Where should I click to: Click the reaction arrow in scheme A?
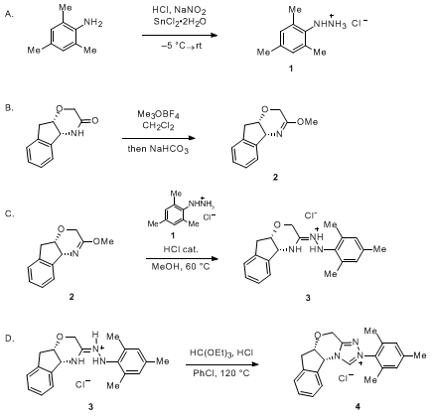pyautogui.click(x=180, y=35)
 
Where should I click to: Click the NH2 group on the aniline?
pyautogui.click(x=93, y=23)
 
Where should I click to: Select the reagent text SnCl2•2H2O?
pyautogui.click(x=179, y=22)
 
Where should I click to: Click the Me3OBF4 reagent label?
pyautogui.click(x=158, y=115)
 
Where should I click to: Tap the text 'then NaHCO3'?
pyautogui.click(x=158, y=149)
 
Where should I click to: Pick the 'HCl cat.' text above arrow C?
pyautogui.click(x=181, y=249)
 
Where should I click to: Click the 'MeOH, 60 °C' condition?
pyautogui.click(x=181, y=266)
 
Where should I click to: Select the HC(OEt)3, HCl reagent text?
pyautogui.click(x=221, y=352)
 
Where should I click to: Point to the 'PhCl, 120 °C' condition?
pyautogui.click(x=221, y=373)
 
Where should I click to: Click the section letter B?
pyautogui.click(x=10, y=108)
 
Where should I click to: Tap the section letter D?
pyautogui.click(x=10, y=338)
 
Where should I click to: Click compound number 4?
pyautogui.click(x=358, y=406)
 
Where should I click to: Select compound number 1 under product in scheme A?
pyautogui.click(x=290, y=69)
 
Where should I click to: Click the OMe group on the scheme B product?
pyautogui.click(x=308, y=122)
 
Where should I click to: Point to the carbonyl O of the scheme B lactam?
pyautogui.click(x=94, y=121)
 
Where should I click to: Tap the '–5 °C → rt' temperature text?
pyautogui.click(x=182, y=46)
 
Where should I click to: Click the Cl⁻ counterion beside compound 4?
pyautogui.click(x=346, y=377)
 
